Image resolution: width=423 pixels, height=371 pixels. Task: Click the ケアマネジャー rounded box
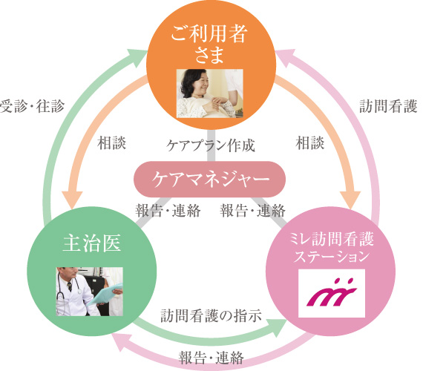[x=209, y=179]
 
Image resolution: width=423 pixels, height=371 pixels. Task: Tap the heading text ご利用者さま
[x=209, y=44]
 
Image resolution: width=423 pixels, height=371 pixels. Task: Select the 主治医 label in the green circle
[x=92, y=243]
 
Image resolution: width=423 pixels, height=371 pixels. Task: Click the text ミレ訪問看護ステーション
[x=331, y=248]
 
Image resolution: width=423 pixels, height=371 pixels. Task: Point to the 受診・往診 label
[x=33, y=106]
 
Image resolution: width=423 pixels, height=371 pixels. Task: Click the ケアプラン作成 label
[x=211, y=145]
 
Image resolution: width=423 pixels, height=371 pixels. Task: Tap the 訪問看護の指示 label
[x=211, y=315]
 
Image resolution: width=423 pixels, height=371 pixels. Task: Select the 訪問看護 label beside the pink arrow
[x=388, y=106]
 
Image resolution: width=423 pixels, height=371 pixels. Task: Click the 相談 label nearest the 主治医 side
[x=111, y=143]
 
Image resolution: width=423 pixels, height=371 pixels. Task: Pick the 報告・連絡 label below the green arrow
[x=211, y=358]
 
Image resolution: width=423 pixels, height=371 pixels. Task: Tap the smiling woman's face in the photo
[x=199, y=82]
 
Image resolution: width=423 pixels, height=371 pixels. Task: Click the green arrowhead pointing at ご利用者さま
[x=137, y=58]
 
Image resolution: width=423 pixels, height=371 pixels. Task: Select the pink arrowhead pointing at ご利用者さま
[x=286, y=58]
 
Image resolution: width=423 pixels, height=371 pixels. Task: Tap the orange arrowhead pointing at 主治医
[x=72, y=200]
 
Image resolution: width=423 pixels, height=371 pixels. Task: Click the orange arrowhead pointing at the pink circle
[x=350, y=200]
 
